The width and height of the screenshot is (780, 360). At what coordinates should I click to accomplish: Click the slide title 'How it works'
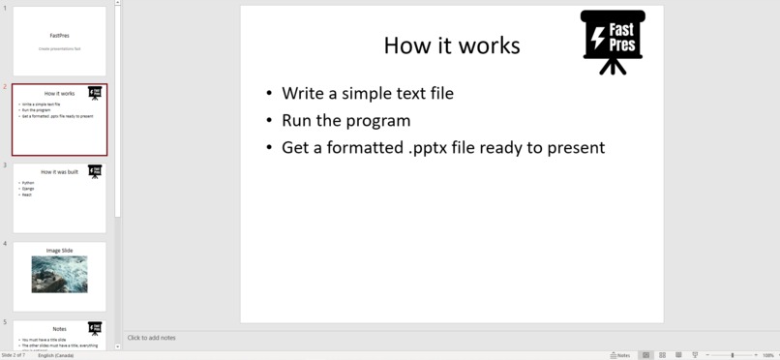tap(451, 45)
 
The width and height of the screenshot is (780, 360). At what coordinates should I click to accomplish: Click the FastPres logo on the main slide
tap(613, 41)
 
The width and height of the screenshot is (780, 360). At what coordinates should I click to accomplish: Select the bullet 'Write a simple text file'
tap(367, 94)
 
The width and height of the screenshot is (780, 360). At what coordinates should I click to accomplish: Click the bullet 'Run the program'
tap(345, 121)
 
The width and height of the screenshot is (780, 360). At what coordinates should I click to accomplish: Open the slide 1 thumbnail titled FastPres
tap(59, 42)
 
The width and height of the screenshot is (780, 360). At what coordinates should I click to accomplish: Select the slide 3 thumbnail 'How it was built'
tap(59, 197)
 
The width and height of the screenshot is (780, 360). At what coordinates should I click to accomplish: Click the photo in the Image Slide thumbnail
tap(59, 274)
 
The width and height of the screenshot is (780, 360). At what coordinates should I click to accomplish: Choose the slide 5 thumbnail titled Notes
tap(59, 335)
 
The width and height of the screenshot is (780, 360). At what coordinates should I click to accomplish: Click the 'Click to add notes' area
tap(152, 338)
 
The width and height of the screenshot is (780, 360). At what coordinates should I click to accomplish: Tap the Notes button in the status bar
tap(620, 355)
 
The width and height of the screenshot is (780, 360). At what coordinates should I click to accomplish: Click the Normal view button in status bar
tap(646, 355)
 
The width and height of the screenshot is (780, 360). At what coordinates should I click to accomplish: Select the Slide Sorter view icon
tap(662, 355)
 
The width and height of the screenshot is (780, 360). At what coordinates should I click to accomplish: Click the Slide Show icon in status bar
tap(695, 355)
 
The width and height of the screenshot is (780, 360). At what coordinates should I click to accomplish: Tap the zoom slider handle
tap(733, 355)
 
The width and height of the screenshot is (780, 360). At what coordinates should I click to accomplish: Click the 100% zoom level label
tap(768, 355)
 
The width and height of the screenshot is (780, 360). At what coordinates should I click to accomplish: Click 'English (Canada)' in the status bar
tap(56, 355)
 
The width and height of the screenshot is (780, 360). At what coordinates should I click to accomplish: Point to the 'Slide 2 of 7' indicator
tap(15, 355)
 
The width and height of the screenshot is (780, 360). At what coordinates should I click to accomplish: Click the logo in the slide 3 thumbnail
tap(95, 171)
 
